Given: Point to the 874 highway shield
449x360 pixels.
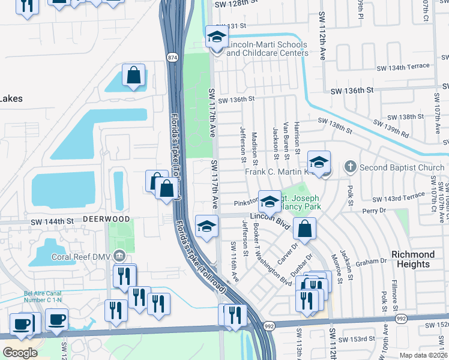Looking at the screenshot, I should pos(172,56).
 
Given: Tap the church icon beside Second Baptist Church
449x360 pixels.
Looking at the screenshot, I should pos(350,166).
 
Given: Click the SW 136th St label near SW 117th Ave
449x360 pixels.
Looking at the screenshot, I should pos(237,100).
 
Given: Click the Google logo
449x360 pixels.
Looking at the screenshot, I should pos(20,352).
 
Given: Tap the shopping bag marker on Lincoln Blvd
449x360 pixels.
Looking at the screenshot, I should pos(305,229).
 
